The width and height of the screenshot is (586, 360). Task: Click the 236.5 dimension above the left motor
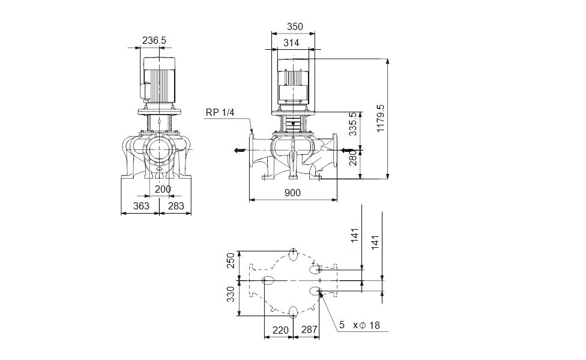154,40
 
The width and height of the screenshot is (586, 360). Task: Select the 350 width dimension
295,26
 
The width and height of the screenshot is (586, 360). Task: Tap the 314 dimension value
292,43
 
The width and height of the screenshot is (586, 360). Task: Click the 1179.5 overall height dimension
379,119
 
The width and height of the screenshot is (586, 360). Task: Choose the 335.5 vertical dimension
353,124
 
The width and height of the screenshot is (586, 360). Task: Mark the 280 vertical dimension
353,158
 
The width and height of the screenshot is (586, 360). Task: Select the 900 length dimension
292,193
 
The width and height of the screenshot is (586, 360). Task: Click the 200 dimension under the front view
163,189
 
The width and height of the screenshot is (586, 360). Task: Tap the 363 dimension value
140,206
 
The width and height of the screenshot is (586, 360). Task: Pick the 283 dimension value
176,206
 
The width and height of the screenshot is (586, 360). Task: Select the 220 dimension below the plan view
280,329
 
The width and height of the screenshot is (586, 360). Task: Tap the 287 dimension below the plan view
309,329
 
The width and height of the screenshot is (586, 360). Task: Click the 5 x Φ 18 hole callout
359,325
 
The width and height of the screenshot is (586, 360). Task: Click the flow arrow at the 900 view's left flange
240,150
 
